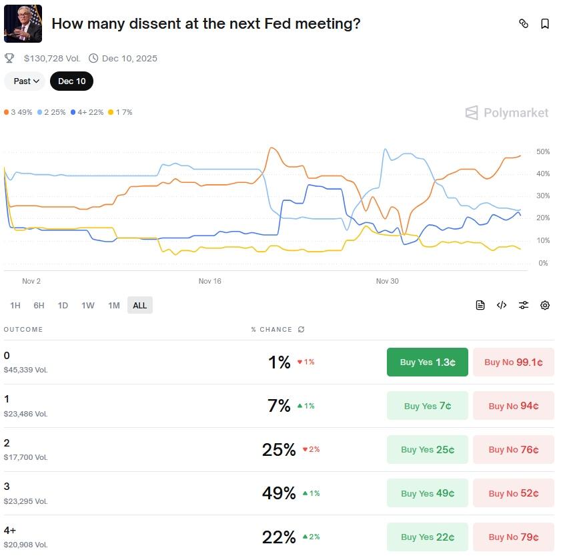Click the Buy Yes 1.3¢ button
[427, 362]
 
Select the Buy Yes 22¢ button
[427, 537]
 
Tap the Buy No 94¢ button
[513, 406]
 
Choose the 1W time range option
[88, 306]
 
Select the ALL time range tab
[139, 306]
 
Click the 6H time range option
[39, 306]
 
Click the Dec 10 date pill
[71, 81]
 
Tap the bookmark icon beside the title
[545, 24]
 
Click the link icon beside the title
[524, 24]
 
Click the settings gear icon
[545, 305]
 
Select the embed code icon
[502, 305]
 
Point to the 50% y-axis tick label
[542, 152]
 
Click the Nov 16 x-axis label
[209, 281]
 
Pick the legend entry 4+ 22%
[87, 112]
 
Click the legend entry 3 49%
[19, 112]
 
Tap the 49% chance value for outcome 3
[279, 493]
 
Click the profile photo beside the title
[23, 24]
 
